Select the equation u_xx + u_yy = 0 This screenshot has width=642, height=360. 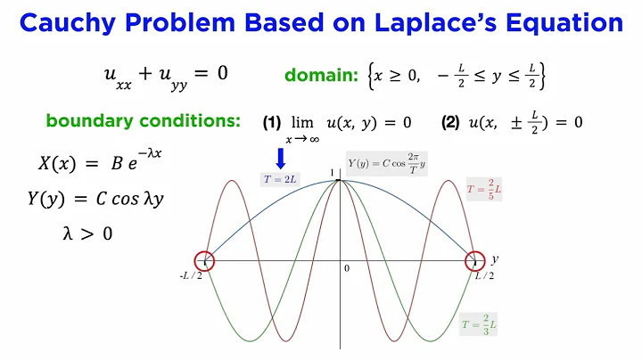166,74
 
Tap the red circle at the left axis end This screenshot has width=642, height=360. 204,260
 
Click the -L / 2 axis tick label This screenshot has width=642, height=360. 193,276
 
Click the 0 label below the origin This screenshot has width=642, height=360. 347,268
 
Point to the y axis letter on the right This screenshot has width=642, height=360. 493,259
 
